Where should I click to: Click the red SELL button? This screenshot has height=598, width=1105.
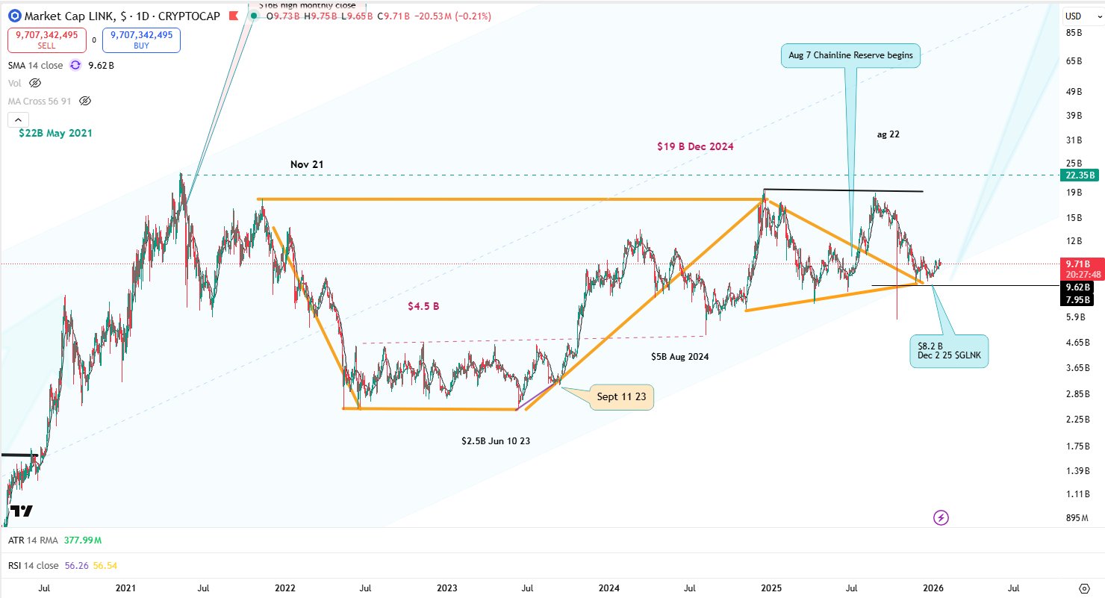[x=47, y=40]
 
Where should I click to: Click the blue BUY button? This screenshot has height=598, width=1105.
[x=141, y=40]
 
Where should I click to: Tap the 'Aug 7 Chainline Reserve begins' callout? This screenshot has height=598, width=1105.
[x=851, y=55]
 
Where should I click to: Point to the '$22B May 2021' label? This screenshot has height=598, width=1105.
[x=56, y=133]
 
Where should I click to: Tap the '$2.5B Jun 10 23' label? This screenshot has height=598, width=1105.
[x=496, y=441]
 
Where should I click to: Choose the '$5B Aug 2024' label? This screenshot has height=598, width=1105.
[x=679, y=357]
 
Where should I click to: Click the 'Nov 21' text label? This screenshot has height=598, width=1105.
[x=307, y=164]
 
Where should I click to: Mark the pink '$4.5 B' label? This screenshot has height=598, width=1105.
[x=423, y=306]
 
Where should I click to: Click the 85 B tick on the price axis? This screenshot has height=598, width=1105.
[x=1074, y=33]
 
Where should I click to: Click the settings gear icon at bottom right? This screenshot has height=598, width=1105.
[x=1085, y=588]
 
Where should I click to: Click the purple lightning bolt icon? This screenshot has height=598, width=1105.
[x=941, y=517]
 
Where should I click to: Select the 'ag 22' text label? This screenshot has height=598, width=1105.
[x=888, y=134]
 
